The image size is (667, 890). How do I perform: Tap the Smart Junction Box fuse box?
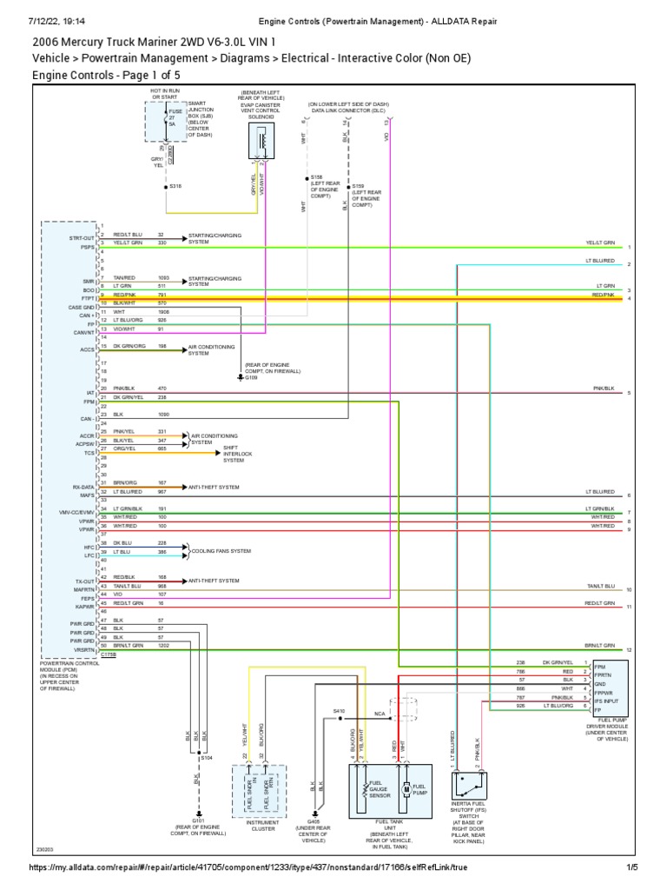(x=163, y=121)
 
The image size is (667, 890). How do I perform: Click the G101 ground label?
(x=198, y=819)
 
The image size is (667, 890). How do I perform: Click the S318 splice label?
(x=176, y=186)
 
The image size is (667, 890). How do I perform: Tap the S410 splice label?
(x=340, y=712)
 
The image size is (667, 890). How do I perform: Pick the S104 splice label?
(x=207, y=758)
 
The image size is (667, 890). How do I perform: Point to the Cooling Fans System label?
(x=223, y=551)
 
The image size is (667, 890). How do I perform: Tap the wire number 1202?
(x=163, y=646)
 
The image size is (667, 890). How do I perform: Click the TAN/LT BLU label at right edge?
(x=599, y=587)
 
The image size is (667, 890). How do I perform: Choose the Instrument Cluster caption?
(x=261, y=824)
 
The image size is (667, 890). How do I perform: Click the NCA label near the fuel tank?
(x=380, y=714)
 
